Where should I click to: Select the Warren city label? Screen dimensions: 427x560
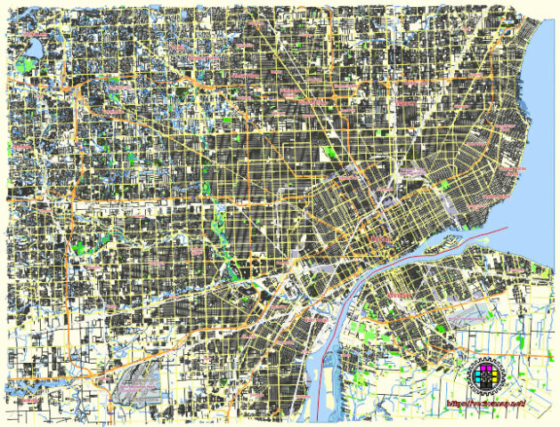tap(406, 103)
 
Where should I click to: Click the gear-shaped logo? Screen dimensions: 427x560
tap(486, 375)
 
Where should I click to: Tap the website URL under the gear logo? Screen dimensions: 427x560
tap(485, 405)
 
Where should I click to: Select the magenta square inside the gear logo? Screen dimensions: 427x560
tap(482, 369)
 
